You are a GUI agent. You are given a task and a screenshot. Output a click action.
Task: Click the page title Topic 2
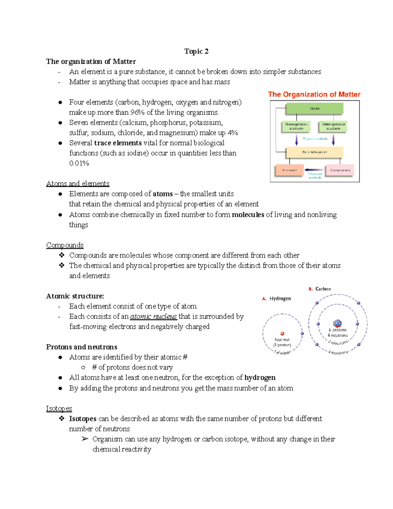click(196, 51)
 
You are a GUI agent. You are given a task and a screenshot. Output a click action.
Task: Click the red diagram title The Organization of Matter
click(314, 94)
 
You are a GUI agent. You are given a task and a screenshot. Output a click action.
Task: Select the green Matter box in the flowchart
click(314, 108)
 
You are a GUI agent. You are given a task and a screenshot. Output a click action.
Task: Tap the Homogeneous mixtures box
click(296, 126)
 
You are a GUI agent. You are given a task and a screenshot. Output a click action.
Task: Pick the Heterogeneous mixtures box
click(333, 126)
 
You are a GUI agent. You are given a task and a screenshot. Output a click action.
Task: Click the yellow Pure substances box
click(314, 152)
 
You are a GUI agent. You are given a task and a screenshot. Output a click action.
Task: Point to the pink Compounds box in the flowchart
click(340, 170)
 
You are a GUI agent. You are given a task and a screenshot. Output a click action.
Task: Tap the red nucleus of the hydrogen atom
click(282, 334)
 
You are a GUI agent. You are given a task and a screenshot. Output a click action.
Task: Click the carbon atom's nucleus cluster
click(337, 323)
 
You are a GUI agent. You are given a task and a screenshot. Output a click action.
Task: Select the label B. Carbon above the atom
click(320, 289)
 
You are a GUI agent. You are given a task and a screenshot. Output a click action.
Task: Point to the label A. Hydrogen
click(277, 299)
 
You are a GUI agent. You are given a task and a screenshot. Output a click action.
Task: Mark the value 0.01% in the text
click(79, 163)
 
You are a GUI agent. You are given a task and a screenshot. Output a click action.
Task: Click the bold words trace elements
click(118, 143)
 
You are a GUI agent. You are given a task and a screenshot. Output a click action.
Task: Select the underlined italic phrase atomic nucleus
click(153, 317)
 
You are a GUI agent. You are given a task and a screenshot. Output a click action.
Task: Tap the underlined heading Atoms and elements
click(78, 184)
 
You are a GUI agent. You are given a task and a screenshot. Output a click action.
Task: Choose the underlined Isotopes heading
click(59, 408)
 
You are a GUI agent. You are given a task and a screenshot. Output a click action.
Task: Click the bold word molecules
click(248, 215)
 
